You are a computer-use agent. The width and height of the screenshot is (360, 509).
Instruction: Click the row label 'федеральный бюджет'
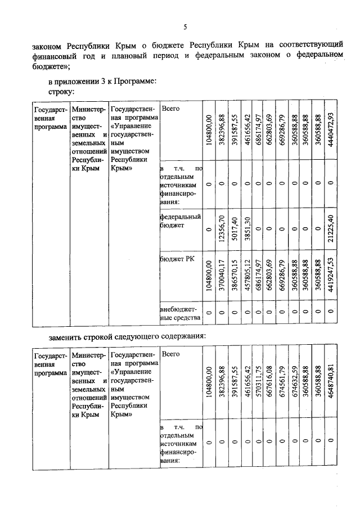click(180, 220)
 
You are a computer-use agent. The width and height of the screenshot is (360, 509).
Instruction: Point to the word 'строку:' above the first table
click(62, 91)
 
